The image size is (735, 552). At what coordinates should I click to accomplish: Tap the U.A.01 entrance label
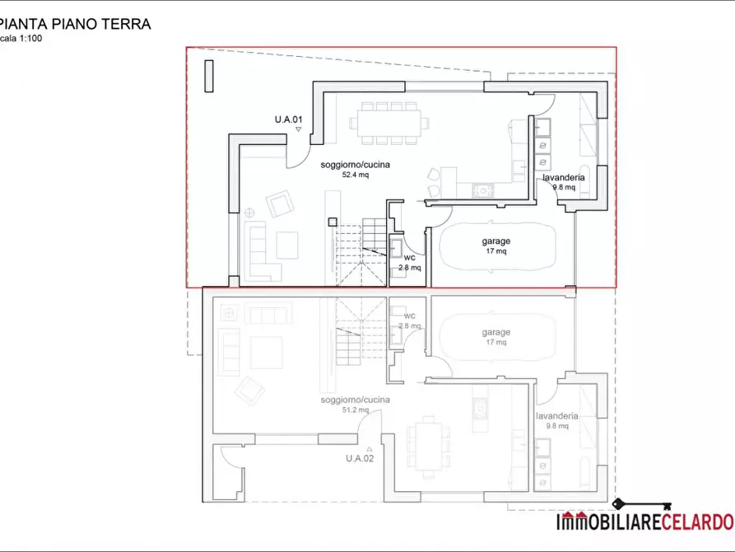tap(288, 120)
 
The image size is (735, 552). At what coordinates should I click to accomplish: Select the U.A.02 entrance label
tap(360, 458)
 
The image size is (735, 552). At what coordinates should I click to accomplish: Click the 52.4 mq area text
tap(356, 175)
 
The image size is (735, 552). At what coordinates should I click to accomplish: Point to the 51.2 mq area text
tap(356, 409)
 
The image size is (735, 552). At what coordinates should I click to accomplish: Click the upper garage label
tap(496, 241)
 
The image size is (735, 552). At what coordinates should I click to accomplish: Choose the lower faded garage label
tap(496, 332)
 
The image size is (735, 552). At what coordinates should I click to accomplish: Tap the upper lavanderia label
tap(564, 178)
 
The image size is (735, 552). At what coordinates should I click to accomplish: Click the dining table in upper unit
tap(389, 122)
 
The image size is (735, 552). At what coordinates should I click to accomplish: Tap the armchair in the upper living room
tap(279, 203)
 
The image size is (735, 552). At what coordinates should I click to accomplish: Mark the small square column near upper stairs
tap(333, 221)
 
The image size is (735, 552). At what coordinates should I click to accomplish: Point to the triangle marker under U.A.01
tap(299, 130)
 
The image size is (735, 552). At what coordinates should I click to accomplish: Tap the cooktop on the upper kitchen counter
tap(481, 191)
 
